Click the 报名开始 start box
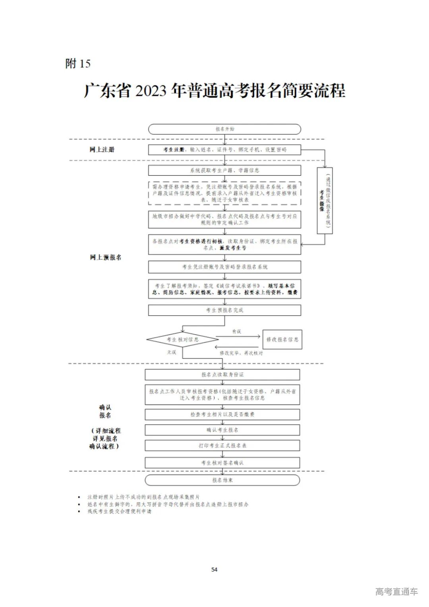click(x=224, y=129)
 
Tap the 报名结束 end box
click(x=222, y=480)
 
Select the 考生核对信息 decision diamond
click(x=182, y=340)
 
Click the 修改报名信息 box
click(x=282, y=340)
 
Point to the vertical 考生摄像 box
click(x=325, y=200)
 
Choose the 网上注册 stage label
click(x=102, y=149)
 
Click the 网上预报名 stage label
click(x=106, y=257)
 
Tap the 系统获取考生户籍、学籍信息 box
click(x=224, y=170)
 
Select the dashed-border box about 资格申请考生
click(x=224, y=193)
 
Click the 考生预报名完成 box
click(x=224, y=310)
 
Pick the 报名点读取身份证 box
click(x=222, y=375)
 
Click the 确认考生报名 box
click(x=222, y=430)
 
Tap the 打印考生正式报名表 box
click(x=222, y=446)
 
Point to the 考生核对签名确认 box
click(x=222, y=463)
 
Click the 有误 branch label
click(x=237, y=331)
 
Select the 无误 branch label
click(x=172, y=352)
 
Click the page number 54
click(x=214, y=570)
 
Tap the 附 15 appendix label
click(x=78, y=64)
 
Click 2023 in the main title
click(x=151, y=91)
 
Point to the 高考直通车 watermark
click(x=396, y=592)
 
